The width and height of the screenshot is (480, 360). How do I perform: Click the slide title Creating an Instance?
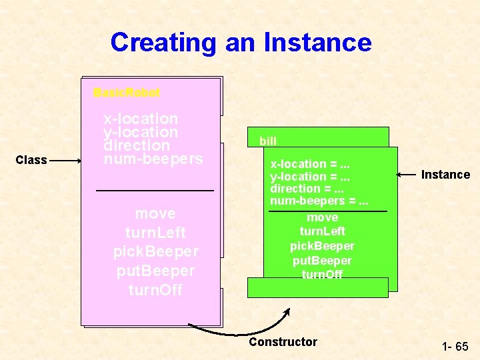pyautogui.click(x=241, y=42)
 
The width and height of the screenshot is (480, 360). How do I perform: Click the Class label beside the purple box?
pyautogui.click(x=31, y=160)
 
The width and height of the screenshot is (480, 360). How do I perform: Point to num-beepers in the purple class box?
pyautogui.click(x=153, y=159)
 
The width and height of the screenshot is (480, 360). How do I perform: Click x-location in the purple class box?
pyautogui.click(x=141, y=119)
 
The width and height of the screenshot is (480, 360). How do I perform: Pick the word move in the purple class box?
pyautogui.click(x=155, y=213)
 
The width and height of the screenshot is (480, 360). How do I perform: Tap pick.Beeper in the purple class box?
pyautogui.click(x=155, y=252)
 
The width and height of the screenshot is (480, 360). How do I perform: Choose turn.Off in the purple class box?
pyautogui.click(x=155, y=291)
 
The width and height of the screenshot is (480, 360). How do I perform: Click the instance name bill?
pyautogui.click(x=268, y=141)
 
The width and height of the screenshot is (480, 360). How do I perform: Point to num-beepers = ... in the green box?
pyautogui.click(x=319, y=201)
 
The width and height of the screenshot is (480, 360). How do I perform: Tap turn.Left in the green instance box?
pyautogui.click(x=323, y=231)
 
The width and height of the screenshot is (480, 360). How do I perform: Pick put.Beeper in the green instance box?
pyautogui.click(x=323, y=260)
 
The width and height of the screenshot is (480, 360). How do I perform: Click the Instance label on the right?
pyautogui.click(x=445, y=175)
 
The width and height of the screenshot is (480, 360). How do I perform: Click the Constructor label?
pyautogui.click(x=283, y=342)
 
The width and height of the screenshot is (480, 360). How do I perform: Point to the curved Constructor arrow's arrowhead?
pyautogui.click(x=288, y=311)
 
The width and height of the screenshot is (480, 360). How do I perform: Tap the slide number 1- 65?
pyautogui.click(x=455, y=347)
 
